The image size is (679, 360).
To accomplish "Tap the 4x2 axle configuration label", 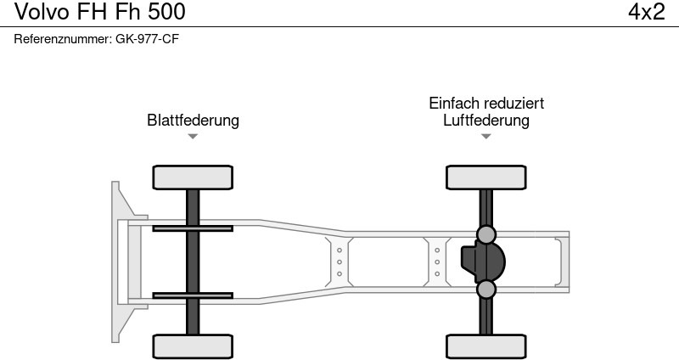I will tap(646, 12).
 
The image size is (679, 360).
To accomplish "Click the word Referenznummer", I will tap(62, 39).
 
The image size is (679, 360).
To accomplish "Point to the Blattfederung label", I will tap(193, 121).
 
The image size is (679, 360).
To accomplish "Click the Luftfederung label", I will tap(486, 121).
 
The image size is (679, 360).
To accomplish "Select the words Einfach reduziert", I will tap(486, 103).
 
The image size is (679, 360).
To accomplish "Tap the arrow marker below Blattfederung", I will tap(193, 137).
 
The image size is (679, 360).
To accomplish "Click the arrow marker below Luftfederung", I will tap(486, 137).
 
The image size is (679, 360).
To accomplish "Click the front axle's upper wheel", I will tap(193, 177).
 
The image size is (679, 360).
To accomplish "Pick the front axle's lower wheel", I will tap(193, 346).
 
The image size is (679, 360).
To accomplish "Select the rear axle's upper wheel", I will tap(486, 177).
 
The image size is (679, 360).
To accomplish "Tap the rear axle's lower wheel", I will tap(486, 346).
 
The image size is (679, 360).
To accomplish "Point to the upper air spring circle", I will tap(486, 234).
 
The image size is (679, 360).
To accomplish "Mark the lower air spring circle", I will tap(486, 290).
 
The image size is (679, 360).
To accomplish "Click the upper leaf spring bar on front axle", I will tap(193, 228).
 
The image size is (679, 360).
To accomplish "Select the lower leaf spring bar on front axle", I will tap(193, 295).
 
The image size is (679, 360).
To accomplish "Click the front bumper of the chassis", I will tap(120, 262).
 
